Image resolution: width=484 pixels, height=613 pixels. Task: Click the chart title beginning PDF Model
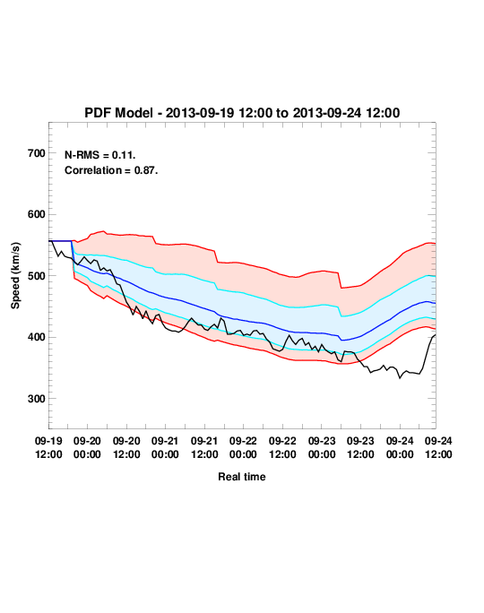242,113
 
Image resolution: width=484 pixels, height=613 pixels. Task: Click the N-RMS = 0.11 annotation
99,155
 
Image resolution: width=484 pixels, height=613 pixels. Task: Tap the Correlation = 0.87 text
111,170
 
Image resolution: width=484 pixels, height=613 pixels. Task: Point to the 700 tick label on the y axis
37,153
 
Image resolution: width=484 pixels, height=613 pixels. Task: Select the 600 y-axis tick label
37,214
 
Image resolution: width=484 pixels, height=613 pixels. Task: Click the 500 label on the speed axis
37,276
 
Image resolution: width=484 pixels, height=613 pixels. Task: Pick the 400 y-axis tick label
37,337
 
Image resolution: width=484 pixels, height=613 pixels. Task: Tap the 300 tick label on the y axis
37,399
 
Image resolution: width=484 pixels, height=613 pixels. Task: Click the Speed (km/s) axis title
15,276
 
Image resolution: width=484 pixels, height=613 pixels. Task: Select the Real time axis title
242,477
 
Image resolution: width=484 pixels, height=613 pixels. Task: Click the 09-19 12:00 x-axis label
48,447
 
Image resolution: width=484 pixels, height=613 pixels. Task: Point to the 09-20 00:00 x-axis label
87,447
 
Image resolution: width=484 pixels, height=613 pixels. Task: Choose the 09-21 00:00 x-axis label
165,447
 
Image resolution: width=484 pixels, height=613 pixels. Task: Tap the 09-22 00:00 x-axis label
243,447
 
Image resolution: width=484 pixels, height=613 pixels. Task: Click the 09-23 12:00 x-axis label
360,447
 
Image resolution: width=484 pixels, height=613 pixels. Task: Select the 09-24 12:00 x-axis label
438,447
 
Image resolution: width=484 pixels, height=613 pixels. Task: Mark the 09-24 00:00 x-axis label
400,447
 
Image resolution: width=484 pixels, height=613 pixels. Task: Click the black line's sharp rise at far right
428,352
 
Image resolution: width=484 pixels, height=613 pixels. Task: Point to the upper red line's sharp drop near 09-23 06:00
340,280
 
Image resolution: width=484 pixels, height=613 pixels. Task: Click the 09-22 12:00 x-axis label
282,447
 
